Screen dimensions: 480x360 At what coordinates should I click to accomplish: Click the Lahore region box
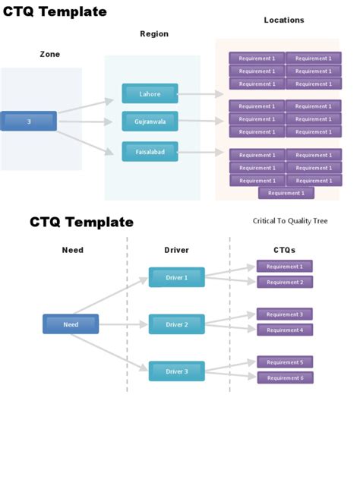coord(150,93)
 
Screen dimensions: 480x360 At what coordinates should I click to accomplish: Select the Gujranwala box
coord(150,121)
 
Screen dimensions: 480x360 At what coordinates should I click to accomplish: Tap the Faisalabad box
coord(150,151)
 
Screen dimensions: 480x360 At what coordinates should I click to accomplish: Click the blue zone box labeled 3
coord(29,121)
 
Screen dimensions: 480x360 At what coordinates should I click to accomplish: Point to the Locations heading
coord(284,21)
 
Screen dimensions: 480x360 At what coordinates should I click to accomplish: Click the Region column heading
coord(154,34)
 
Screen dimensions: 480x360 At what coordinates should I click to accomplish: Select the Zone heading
coord(50,54)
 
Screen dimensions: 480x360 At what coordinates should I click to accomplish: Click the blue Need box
coord(71,324)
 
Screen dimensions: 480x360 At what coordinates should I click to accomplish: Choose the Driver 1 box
coord(176,277)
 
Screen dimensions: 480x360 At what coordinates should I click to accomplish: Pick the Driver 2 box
coord(176,324)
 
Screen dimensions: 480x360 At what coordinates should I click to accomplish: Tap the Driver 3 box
coord(176,371)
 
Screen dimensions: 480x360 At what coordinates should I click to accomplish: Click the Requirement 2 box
coord(285,283)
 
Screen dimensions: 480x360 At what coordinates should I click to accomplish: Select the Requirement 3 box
coord(285,314)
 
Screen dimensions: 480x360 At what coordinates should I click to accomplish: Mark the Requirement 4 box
coord(285,330)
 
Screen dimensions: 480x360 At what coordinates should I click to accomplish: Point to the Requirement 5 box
coord(285,362)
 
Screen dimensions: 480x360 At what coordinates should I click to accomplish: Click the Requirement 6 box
coord(285,378)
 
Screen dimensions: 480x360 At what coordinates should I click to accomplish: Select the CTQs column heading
coord(284,250)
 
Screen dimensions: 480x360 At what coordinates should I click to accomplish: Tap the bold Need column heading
coord(73,250)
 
